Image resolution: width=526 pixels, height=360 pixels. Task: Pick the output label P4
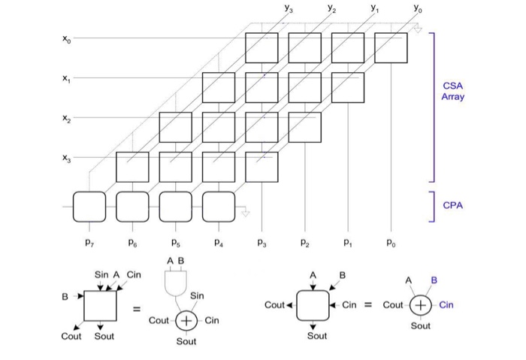[218, 242]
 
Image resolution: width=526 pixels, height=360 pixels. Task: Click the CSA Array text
[452, 92]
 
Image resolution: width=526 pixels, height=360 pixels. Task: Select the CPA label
[452, 204]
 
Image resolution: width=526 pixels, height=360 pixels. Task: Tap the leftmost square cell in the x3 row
[132, 167]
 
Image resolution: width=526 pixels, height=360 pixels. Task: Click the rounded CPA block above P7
[89, 207]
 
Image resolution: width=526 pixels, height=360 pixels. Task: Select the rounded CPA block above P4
[219, 207]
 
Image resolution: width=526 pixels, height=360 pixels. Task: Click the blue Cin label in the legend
[446, 305]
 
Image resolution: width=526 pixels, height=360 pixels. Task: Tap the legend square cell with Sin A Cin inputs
[99, 306]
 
